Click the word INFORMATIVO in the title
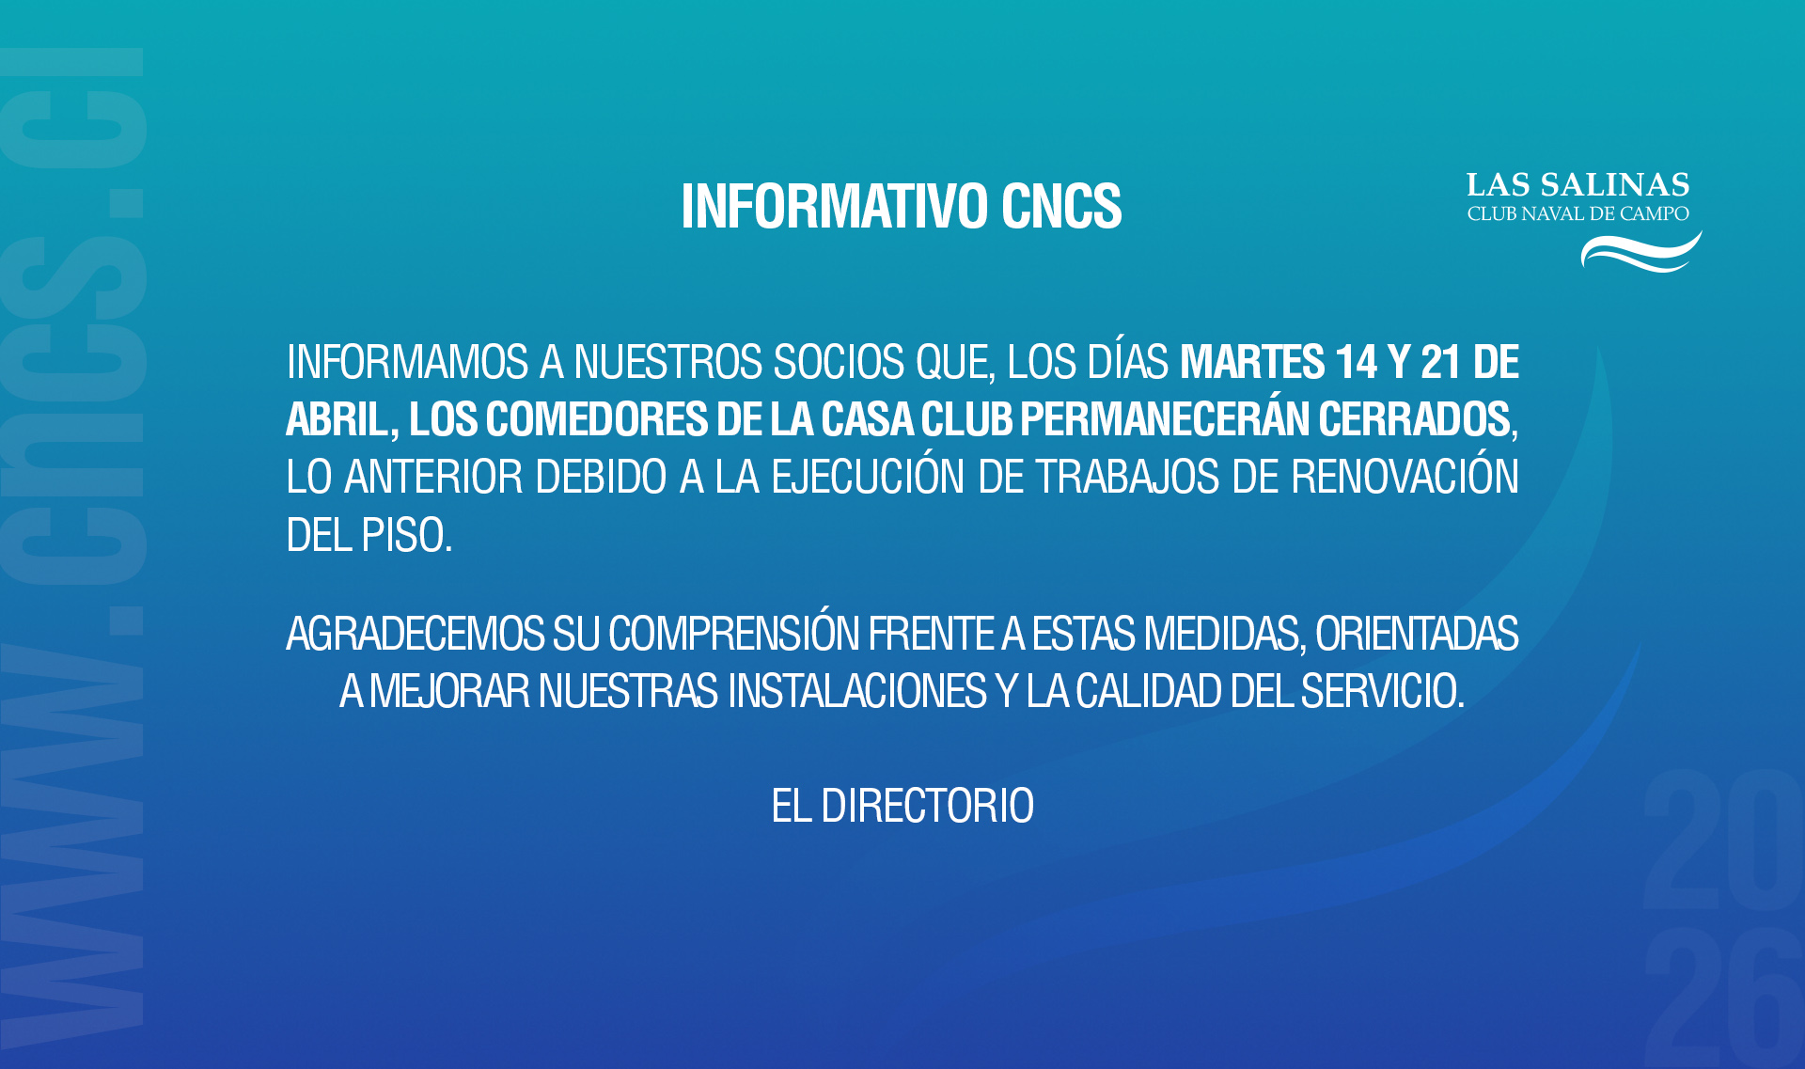(834, 206)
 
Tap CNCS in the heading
(1061, 206)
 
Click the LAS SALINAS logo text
(1578, 184)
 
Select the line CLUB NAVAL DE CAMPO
(1578, 214)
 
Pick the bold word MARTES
(1252, 362)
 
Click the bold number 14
(1357, 362)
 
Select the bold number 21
(1440, 362)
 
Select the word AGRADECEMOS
(415, 634)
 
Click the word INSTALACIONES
(857, 691)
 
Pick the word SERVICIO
(1382, 691)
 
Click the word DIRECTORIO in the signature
(927, 806)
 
